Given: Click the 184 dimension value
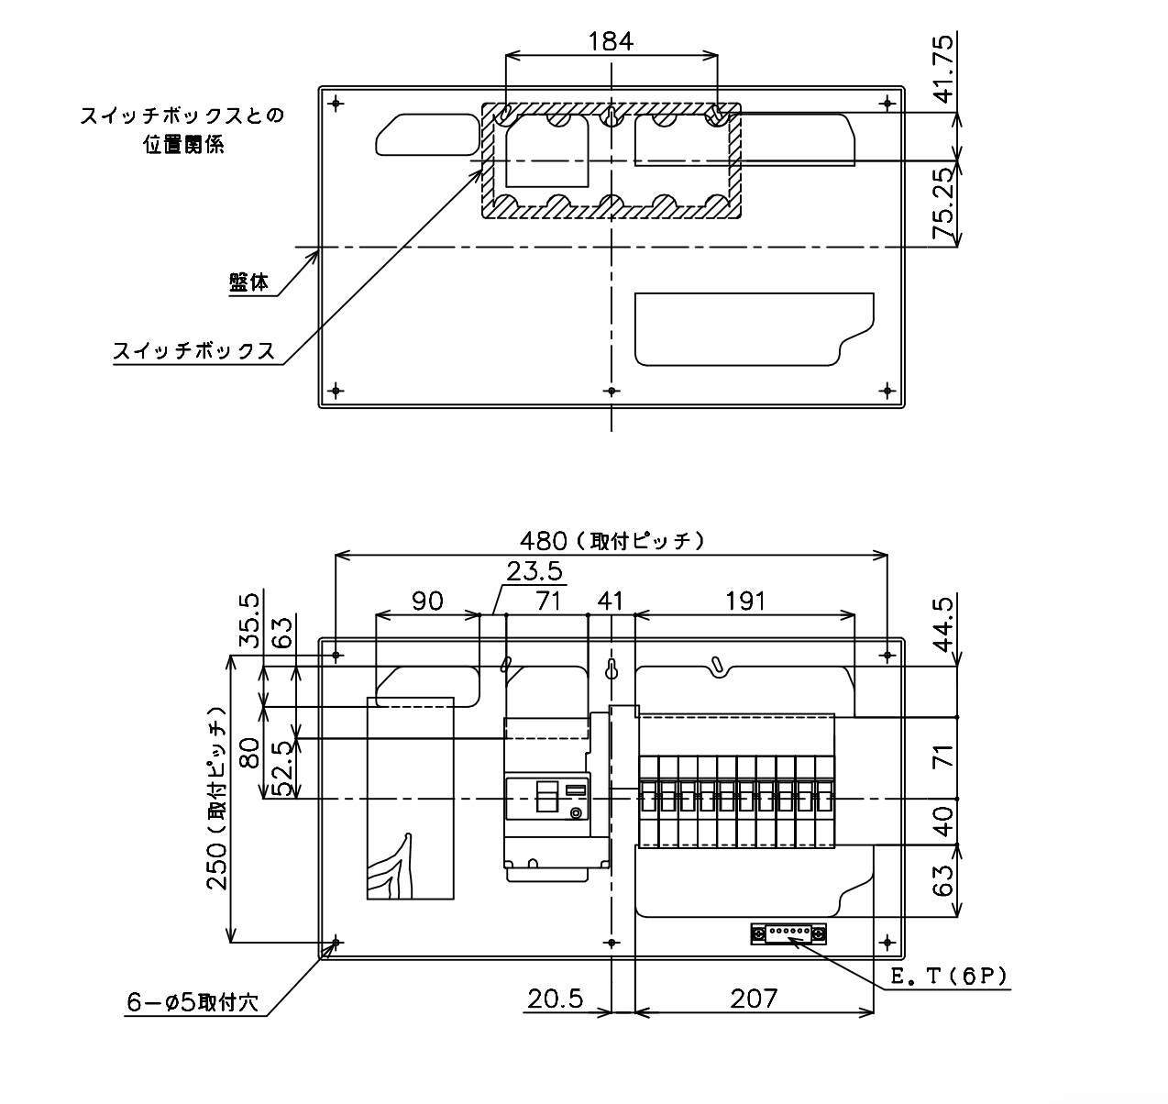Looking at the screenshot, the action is [x=612, y=41].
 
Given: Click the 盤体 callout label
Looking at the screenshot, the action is [x=248, y=283].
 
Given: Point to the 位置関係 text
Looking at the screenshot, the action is [x=183, y=144].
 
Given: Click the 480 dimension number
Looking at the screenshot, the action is [x=544, y=540].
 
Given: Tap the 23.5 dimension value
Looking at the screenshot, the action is [x=534, y=571].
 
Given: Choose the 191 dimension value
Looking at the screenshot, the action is [x=745, y=602].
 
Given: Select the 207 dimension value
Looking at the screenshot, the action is [x=754, y=999].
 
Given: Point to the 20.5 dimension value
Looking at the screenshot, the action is [x=556, y=999].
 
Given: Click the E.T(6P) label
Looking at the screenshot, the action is [x=949, y=977].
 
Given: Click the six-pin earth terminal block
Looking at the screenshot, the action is [x=788, y=934].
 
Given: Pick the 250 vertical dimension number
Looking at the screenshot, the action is [x=216, y=866].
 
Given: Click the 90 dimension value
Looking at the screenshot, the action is [x=427, y=602].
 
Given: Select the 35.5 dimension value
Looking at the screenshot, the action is [x=249, y=620].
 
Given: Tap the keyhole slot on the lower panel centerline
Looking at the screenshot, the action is [x=612, y=669].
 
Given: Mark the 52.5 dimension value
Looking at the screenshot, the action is [x=284, y=768].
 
